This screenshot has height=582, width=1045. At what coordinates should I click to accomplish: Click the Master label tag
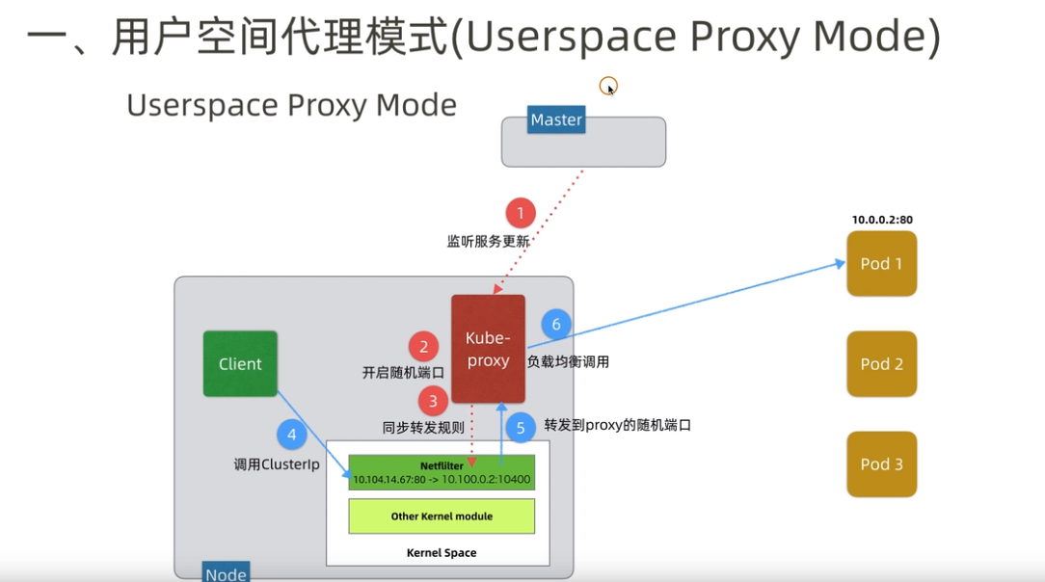coord(556,120)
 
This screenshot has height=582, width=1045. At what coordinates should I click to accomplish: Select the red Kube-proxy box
coord(488,349)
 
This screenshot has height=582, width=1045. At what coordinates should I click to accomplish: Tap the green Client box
coord(240,364)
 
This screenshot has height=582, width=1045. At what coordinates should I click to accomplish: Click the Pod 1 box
coord(881,263)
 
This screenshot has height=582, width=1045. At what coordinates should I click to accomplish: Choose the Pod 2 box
coord(881,364)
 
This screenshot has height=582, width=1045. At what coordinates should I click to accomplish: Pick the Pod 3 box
coord(881,464)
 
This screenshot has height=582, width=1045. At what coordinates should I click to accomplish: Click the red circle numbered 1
coord(521,213)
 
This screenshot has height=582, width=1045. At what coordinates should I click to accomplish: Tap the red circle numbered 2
coord(423,347)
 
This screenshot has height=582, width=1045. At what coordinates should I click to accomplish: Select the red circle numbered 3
coord(433,401)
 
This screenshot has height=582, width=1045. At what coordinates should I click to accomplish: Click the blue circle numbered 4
coord(292,436)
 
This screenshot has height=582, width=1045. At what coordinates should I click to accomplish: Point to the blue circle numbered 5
coord(521,428)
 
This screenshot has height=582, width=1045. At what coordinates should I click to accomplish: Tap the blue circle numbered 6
coord(555,324)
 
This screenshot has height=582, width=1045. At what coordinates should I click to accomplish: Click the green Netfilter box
coord(442,472)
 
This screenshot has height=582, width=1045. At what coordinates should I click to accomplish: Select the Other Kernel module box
coord(442,516)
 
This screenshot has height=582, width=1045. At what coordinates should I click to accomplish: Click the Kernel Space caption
coord(442,553)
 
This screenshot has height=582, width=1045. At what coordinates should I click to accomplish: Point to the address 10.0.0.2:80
coord(881,220)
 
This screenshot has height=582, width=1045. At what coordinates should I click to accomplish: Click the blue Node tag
coord(226,573)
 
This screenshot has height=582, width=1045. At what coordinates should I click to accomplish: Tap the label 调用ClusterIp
coord(277,464)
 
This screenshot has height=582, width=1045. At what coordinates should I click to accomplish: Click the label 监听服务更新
coord(488,242)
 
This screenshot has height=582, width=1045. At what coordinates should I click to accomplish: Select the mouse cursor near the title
coord(609,88)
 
